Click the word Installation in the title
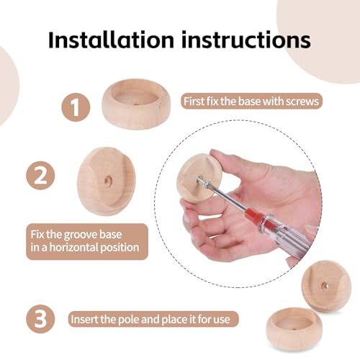(x=111, y=40)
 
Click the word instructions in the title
(x=246, y=40)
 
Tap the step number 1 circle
(x=76, y=107)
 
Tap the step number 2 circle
(x=40, y=176)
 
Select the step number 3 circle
(x=40, y=319)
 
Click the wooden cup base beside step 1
(x=136, y=104)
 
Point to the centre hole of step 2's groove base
(x=107, y=181)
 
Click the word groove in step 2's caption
(x=80, y=235)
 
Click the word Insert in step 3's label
(x=81, y=319)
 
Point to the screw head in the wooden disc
(x=200, y=180)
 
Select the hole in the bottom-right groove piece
(x=325, y=286)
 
